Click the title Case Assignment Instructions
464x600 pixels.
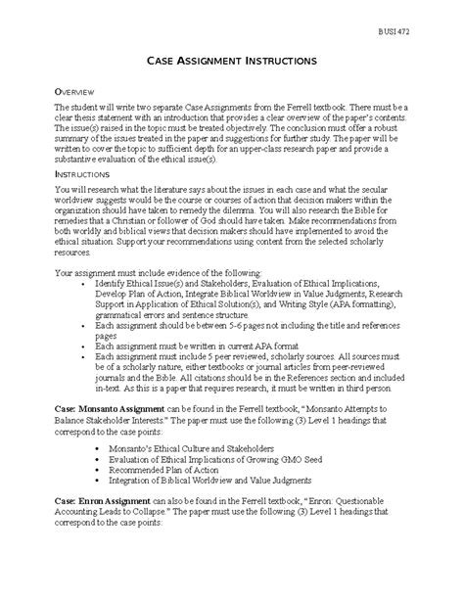[231, 61]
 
